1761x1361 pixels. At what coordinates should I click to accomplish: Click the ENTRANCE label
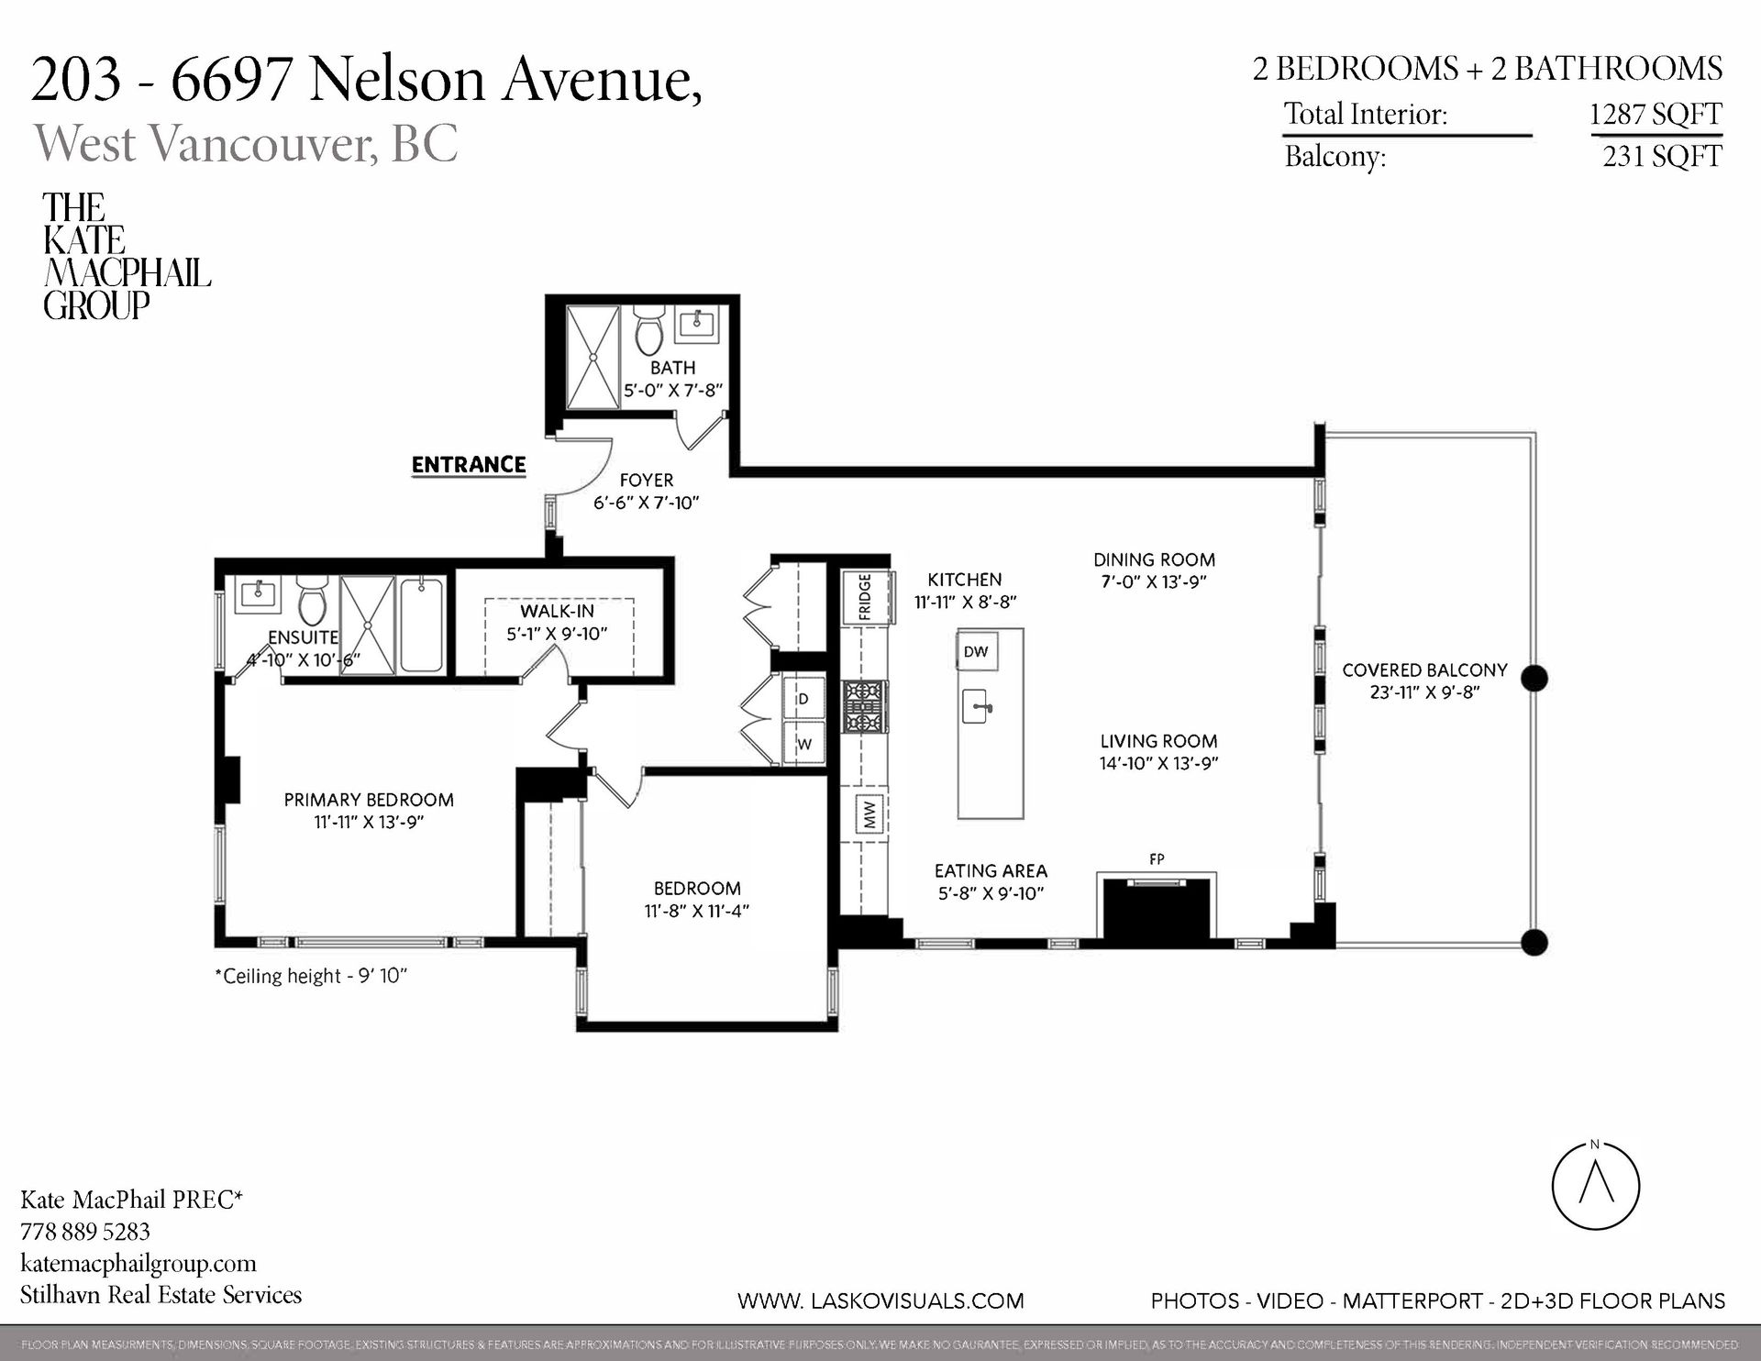(x=469, y=465)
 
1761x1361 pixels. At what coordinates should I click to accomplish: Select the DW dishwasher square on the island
(x=976, y=652)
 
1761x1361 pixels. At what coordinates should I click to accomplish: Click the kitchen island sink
(x=978, y=707)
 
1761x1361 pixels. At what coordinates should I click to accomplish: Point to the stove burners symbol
(x=865, y=706)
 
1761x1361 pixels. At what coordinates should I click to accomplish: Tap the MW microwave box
(x=869, y=814)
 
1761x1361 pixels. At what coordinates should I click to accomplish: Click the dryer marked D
(x=803, y=699)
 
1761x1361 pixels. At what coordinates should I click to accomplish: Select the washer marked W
(x=803, y=744)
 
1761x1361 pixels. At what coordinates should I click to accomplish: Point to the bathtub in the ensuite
(x=422, y=625)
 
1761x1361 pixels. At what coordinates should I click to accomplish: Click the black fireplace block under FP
(x=1157, y=908)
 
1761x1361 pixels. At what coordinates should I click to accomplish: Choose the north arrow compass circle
(x=1595, y=1186)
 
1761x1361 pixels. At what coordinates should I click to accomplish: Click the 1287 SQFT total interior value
(x=1655, y=115)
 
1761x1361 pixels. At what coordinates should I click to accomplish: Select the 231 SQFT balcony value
(x=1661, y=157)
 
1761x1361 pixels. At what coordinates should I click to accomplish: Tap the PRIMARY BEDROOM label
(x=369, y=800)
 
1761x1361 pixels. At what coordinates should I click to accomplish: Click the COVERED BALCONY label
(x=1424, y=670)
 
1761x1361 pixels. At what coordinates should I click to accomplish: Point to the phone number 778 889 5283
(x=85, y=1232)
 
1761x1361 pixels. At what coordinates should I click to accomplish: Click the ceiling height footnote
(x=311, y=976)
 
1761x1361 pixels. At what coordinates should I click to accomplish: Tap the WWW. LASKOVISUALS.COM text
(x=880, y=1300)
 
